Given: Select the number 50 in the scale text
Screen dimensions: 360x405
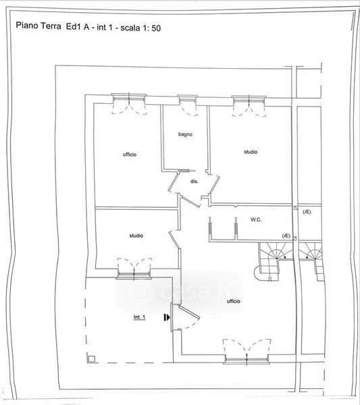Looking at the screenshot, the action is (x=156, y=28).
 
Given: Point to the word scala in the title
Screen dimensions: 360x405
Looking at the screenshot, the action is (x=130, y=28).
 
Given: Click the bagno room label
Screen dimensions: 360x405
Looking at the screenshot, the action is (x=185, y=134).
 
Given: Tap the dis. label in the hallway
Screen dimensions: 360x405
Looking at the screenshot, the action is (x=195, y=182).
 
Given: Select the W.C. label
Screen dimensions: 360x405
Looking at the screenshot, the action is (x=256, y=220).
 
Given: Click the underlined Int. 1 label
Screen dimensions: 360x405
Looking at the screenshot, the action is (x=140, y=317).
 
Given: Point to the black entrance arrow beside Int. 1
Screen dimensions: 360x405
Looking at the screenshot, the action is (x=167, y=317).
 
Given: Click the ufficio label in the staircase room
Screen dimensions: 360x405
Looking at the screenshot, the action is (x=234, y=301).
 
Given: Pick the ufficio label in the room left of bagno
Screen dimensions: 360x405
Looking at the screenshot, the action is (x=130, y=155).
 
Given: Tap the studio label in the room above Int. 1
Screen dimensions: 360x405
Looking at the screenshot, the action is (x=136, y=236).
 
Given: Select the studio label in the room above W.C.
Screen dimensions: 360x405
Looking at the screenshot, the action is (x=251, y=152).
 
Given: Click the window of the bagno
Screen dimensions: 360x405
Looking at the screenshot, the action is (x=187, y=100).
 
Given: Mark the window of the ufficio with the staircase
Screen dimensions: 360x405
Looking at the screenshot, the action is (x=247, y=359).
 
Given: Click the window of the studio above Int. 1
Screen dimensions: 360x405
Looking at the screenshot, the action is (x=134, y=274).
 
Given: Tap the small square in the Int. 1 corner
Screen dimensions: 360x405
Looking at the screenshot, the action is (x=91, y=359).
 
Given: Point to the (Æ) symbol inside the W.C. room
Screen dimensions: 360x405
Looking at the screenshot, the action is (x=286, y=236).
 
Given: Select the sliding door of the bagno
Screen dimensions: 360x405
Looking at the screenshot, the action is (x=186, y=171).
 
